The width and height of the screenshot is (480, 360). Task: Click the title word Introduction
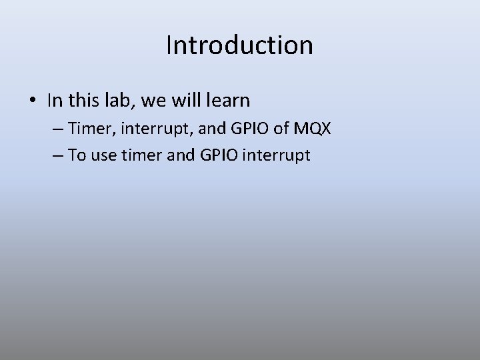click(239, 45)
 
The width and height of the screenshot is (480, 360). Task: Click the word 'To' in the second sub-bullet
click(77, 155)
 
